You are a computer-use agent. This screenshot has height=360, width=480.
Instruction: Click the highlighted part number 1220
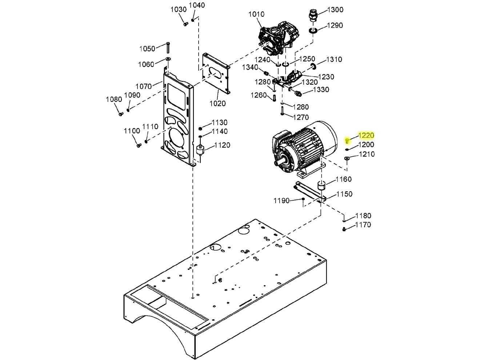click(x=366, y=136)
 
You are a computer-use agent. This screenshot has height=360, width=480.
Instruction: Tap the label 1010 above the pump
click(x=256, y=15)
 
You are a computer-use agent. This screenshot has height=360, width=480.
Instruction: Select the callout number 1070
click(x=144, y=87)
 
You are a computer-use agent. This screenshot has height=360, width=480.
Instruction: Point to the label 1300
click(x=335, y=10)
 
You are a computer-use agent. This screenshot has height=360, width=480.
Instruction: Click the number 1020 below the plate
click(x=217, y=104)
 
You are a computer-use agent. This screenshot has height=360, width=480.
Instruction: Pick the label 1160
click(x=344, y=179)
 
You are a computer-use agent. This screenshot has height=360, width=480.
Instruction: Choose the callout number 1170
click(x=363, y=225)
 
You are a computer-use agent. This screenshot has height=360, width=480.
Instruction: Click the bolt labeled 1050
click(x=168, y=48)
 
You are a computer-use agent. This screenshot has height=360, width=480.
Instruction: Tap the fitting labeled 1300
click(x=313, y=15)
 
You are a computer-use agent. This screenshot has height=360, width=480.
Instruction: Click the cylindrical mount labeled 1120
click(x=200, y=151)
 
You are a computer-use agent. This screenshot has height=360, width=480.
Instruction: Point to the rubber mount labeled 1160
click(x=321, y=186)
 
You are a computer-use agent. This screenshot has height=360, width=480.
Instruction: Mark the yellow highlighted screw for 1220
click(x=347, y=141)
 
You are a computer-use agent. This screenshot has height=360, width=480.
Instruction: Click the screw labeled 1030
click(x=186, y=24)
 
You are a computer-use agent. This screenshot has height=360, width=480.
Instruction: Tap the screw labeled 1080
click(x=121, y=114)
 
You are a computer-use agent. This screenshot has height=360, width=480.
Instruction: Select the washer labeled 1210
click(x=347, y=158)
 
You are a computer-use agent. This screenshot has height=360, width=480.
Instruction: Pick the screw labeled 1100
click(x=139, y=145)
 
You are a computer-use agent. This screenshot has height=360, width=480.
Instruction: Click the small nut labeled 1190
click(x=303, y=199)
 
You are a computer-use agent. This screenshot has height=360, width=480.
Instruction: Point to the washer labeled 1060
click(x=168, y=59)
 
